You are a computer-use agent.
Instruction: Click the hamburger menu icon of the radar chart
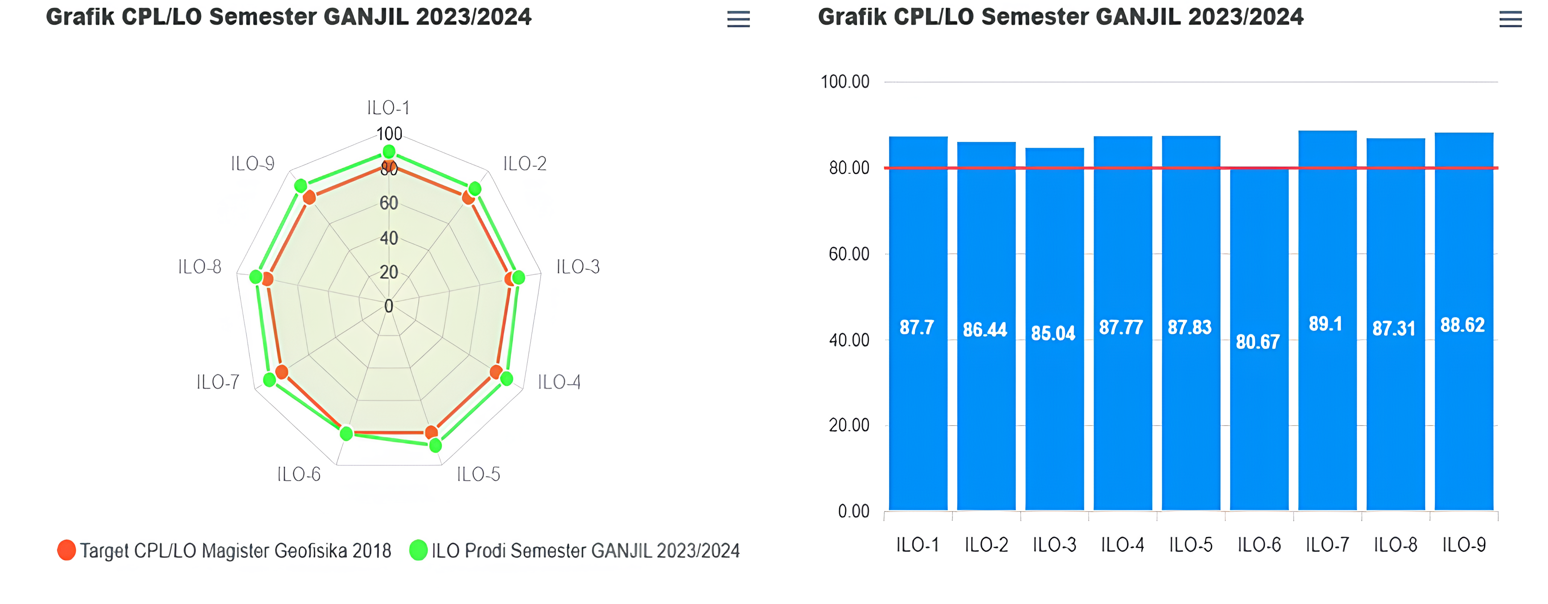click(738, 19)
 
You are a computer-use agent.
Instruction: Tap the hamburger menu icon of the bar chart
click(1510, 19)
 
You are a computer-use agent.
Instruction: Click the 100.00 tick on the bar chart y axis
click(845, 82)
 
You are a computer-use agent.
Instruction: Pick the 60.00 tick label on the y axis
click(849, 254)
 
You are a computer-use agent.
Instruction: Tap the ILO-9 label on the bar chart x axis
click(1464, 545)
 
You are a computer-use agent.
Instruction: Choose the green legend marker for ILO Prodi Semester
click(418, 550)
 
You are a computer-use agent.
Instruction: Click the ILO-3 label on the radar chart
click(577, 267)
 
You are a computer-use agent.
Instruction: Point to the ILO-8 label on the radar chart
click(200, 267)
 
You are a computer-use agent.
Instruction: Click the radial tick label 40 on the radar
click(389, 238)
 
